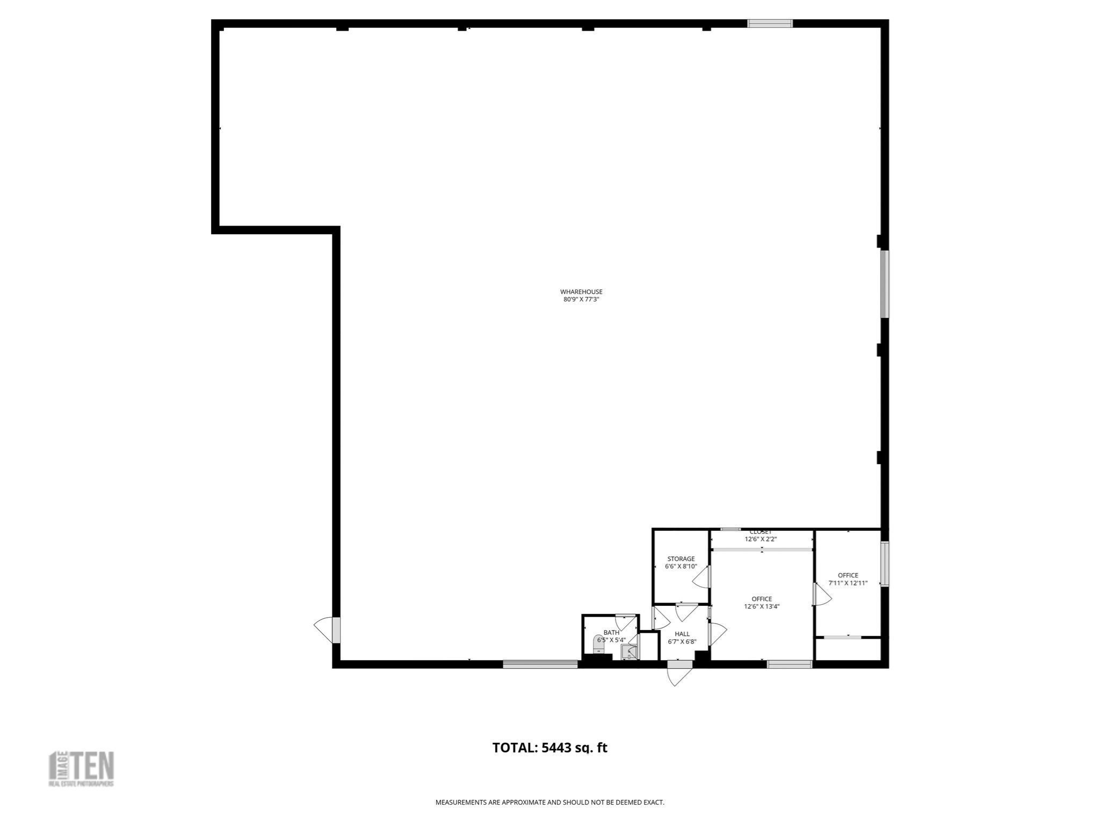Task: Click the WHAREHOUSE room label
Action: (x=581, y=292)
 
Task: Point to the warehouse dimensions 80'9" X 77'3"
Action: (x=581, y=300)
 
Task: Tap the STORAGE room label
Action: (x=681, y=559)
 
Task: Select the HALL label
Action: (x=682, y=634)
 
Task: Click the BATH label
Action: (x=611, y=632)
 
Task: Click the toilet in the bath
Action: (x=599, y=643)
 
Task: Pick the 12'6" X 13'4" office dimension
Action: (x=762, y=606)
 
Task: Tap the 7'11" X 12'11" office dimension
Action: (x=848, y=583)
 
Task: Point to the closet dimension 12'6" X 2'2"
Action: (x=761, y=539)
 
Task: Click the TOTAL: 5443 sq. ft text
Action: (x=549, y=748)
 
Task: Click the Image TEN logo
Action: (x=82, y=769)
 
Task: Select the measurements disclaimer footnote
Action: (x=549, y=802)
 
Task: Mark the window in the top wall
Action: (x=770, y=24)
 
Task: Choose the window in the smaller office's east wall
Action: (x=884, y=563)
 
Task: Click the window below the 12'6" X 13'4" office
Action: (x=789, y=664)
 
